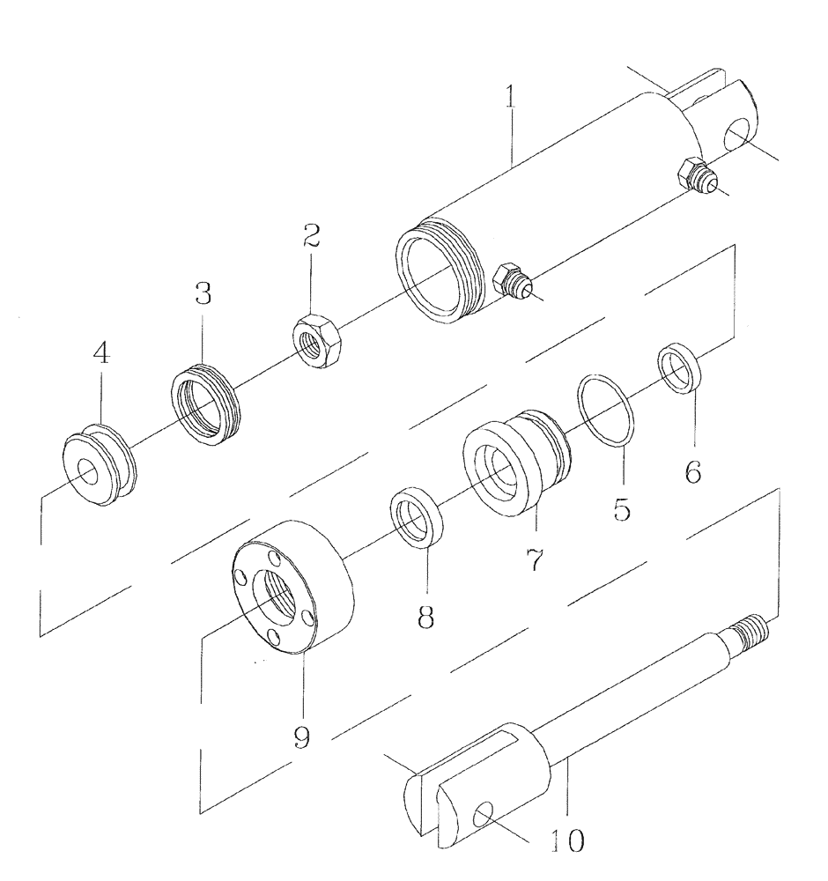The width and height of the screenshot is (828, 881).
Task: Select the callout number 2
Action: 310,236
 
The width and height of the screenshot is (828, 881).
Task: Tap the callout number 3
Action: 203,294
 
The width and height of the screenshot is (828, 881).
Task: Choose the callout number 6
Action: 693,472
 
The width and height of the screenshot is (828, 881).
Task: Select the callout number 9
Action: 302,736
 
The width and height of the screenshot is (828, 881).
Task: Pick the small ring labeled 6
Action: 679,366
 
